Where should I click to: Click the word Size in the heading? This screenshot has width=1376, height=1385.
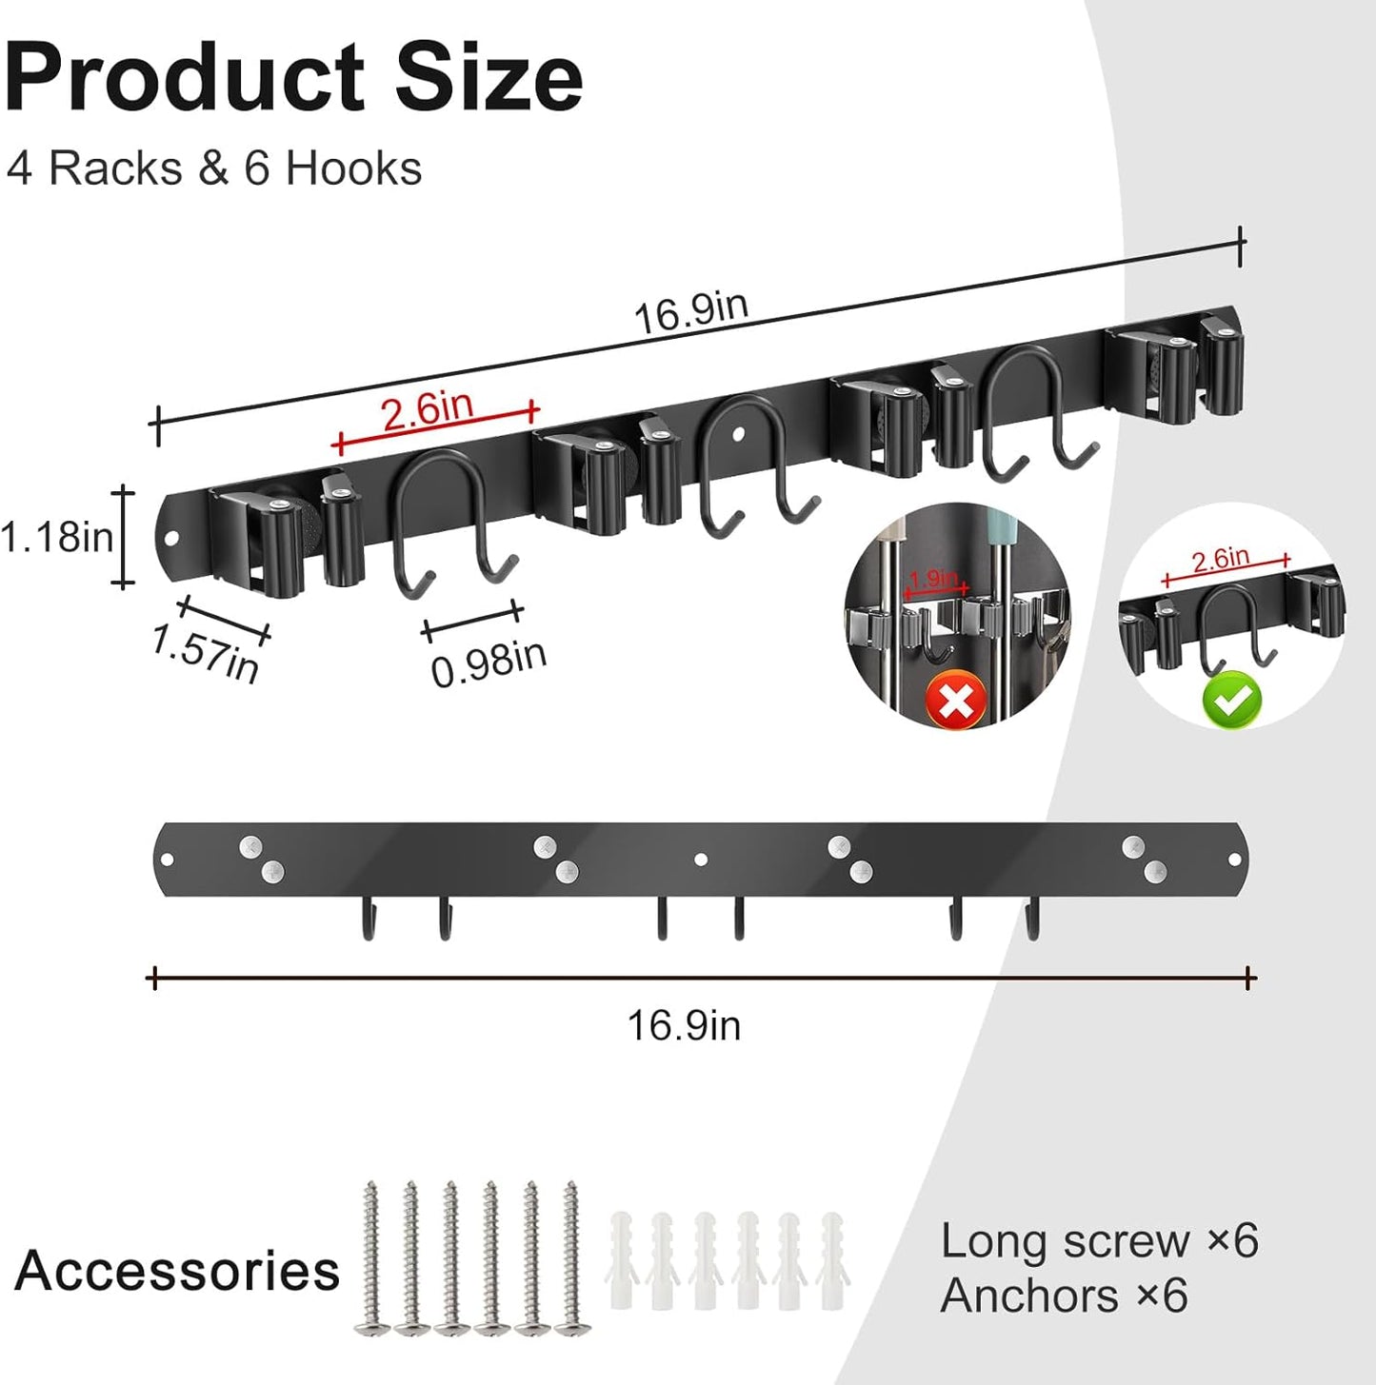(x=488, y=78)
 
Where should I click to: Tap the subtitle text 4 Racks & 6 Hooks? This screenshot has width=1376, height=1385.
(x=213, y=168)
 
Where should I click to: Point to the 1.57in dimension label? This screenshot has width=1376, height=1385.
(x=205, y=653)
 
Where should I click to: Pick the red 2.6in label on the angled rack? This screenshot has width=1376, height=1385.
(x=428, y=409)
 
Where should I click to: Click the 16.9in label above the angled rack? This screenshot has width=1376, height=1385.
(x=691, y=311)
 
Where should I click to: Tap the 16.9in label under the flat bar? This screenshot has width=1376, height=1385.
(x=683, y=1025)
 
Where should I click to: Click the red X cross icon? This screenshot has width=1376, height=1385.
(x=956, y=700)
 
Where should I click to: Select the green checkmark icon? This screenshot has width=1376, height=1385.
(x=1231, y=700)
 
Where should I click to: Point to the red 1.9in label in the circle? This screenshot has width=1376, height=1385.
(x=933, y=578)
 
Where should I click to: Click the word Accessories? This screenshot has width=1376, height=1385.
(x=177, y=1271)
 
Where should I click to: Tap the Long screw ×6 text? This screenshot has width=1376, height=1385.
(x=1099, y=1241)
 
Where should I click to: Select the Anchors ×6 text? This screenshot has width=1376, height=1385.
(x=1064, y=1296)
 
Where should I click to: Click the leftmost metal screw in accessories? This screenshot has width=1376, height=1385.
(x=370, y=1256)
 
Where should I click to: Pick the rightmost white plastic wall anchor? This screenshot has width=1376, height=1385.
(x=831, y=1258)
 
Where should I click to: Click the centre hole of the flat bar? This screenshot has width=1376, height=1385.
(x=701, y=860)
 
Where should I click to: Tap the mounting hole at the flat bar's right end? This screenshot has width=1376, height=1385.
(x=1235, y=860)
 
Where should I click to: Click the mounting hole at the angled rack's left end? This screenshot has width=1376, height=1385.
(x=171, y=538)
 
